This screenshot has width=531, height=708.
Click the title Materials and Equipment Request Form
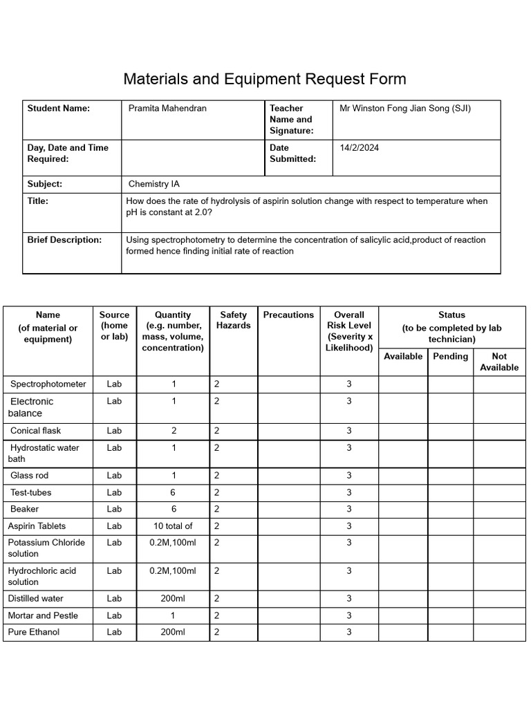[265, 79]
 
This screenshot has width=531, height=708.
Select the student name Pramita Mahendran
[167, 109]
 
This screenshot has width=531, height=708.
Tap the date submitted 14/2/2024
[360, 148]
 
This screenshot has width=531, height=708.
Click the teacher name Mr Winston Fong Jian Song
[405, 109]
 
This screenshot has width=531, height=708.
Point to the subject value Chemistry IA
[158, 185]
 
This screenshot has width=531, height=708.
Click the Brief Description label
[64, 240]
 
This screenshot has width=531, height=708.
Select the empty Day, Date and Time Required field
[193, 158]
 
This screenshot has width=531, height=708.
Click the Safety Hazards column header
[233, 320]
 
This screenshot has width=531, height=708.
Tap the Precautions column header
[288, 315]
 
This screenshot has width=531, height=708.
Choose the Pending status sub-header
[450, 357]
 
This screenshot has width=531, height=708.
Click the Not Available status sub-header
[499, 362]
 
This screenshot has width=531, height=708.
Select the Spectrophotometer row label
[48, 384]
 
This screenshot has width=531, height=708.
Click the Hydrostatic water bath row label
[45, 453]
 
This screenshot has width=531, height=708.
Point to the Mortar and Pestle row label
[43, 615]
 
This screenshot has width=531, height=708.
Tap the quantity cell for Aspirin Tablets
[173, 526]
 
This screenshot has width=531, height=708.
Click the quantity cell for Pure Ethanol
[173, 632]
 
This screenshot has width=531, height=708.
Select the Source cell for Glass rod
[114, 476]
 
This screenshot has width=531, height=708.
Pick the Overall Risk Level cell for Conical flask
[349, 431]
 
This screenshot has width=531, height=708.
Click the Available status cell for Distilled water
[402, 599]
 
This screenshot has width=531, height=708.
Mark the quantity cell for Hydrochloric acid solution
[173, 571]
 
